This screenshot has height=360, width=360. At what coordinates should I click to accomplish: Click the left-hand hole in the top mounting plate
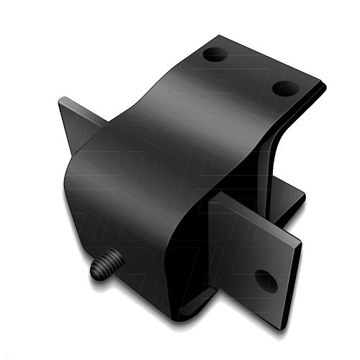215,54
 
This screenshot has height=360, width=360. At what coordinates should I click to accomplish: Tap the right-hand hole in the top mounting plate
286,88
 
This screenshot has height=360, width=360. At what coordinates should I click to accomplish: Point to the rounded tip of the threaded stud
95,272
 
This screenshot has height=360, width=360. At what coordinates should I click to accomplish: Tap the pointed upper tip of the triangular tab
60,99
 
